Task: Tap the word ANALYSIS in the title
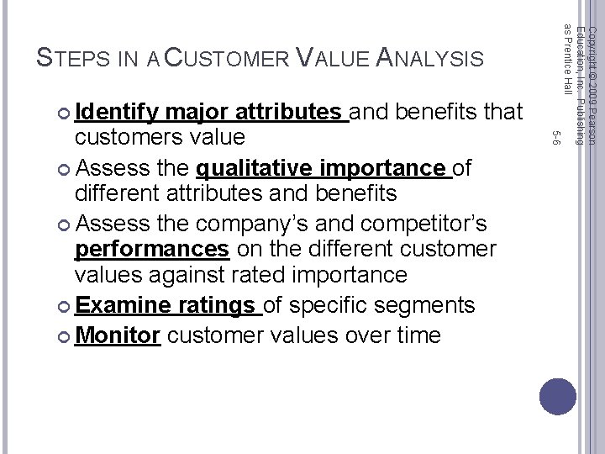(429, 58)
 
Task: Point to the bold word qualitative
(255, 168)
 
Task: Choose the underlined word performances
(151, 249)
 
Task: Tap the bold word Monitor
(118, 335)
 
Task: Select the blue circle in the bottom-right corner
(558, 396)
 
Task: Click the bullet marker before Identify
(66, 111)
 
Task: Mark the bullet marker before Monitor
(66, 335)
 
